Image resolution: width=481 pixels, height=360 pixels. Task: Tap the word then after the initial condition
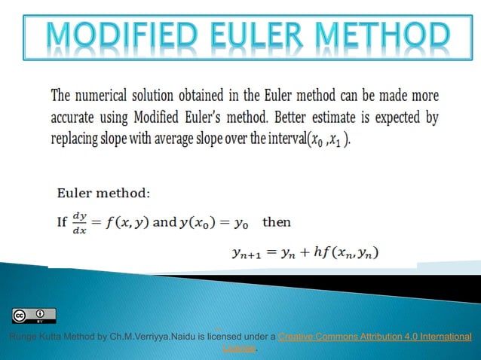coord(277,222)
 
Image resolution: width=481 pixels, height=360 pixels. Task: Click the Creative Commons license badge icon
coord(34,316)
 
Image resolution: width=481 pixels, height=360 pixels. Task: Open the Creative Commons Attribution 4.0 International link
coord(375,337)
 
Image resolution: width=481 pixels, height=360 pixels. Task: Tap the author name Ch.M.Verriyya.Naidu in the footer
coord(151,337)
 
